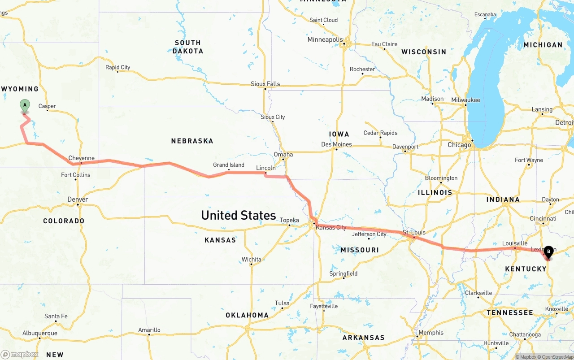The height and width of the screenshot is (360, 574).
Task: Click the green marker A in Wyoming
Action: tap(25, 106)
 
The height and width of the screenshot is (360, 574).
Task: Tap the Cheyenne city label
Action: tap(81, 158)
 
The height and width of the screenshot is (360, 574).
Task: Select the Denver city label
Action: tap(78, 200)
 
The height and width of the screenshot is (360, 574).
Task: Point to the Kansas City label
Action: tap(331, 228)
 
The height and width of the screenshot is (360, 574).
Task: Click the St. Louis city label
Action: tap(413, 232)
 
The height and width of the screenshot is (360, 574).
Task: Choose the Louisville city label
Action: tap(514, 243)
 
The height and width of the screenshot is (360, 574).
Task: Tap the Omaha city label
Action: tap(283, 155)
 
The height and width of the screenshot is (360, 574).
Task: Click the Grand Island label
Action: tap(229, 165)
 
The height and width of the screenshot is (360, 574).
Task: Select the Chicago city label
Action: tap(459, 145)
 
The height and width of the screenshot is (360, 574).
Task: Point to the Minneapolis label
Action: tap(325, 40)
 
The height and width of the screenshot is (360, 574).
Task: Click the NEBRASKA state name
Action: tap(192, 141)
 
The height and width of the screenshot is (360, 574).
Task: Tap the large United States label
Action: tap(238, 215)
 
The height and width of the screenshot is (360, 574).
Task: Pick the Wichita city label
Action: tap(251, 260)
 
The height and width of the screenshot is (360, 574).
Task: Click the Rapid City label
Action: tap(117, 68)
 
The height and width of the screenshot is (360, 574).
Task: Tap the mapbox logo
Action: tap(20, 355)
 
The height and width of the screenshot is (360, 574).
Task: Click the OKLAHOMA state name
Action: tap(247, 315)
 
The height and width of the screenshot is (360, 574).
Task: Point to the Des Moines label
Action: tap(336, 144)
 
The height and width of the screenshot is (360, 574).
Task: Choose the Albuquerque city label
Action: tap(40, 334)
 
